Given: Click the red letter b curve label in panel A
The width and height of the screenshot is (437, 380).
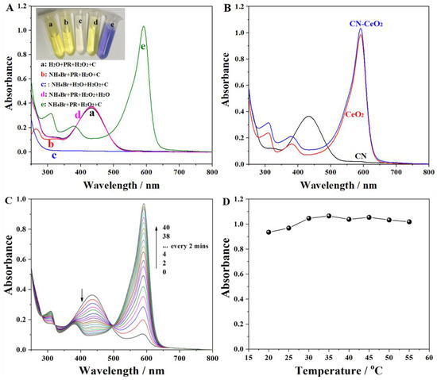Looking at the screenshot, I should [51, 144].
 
